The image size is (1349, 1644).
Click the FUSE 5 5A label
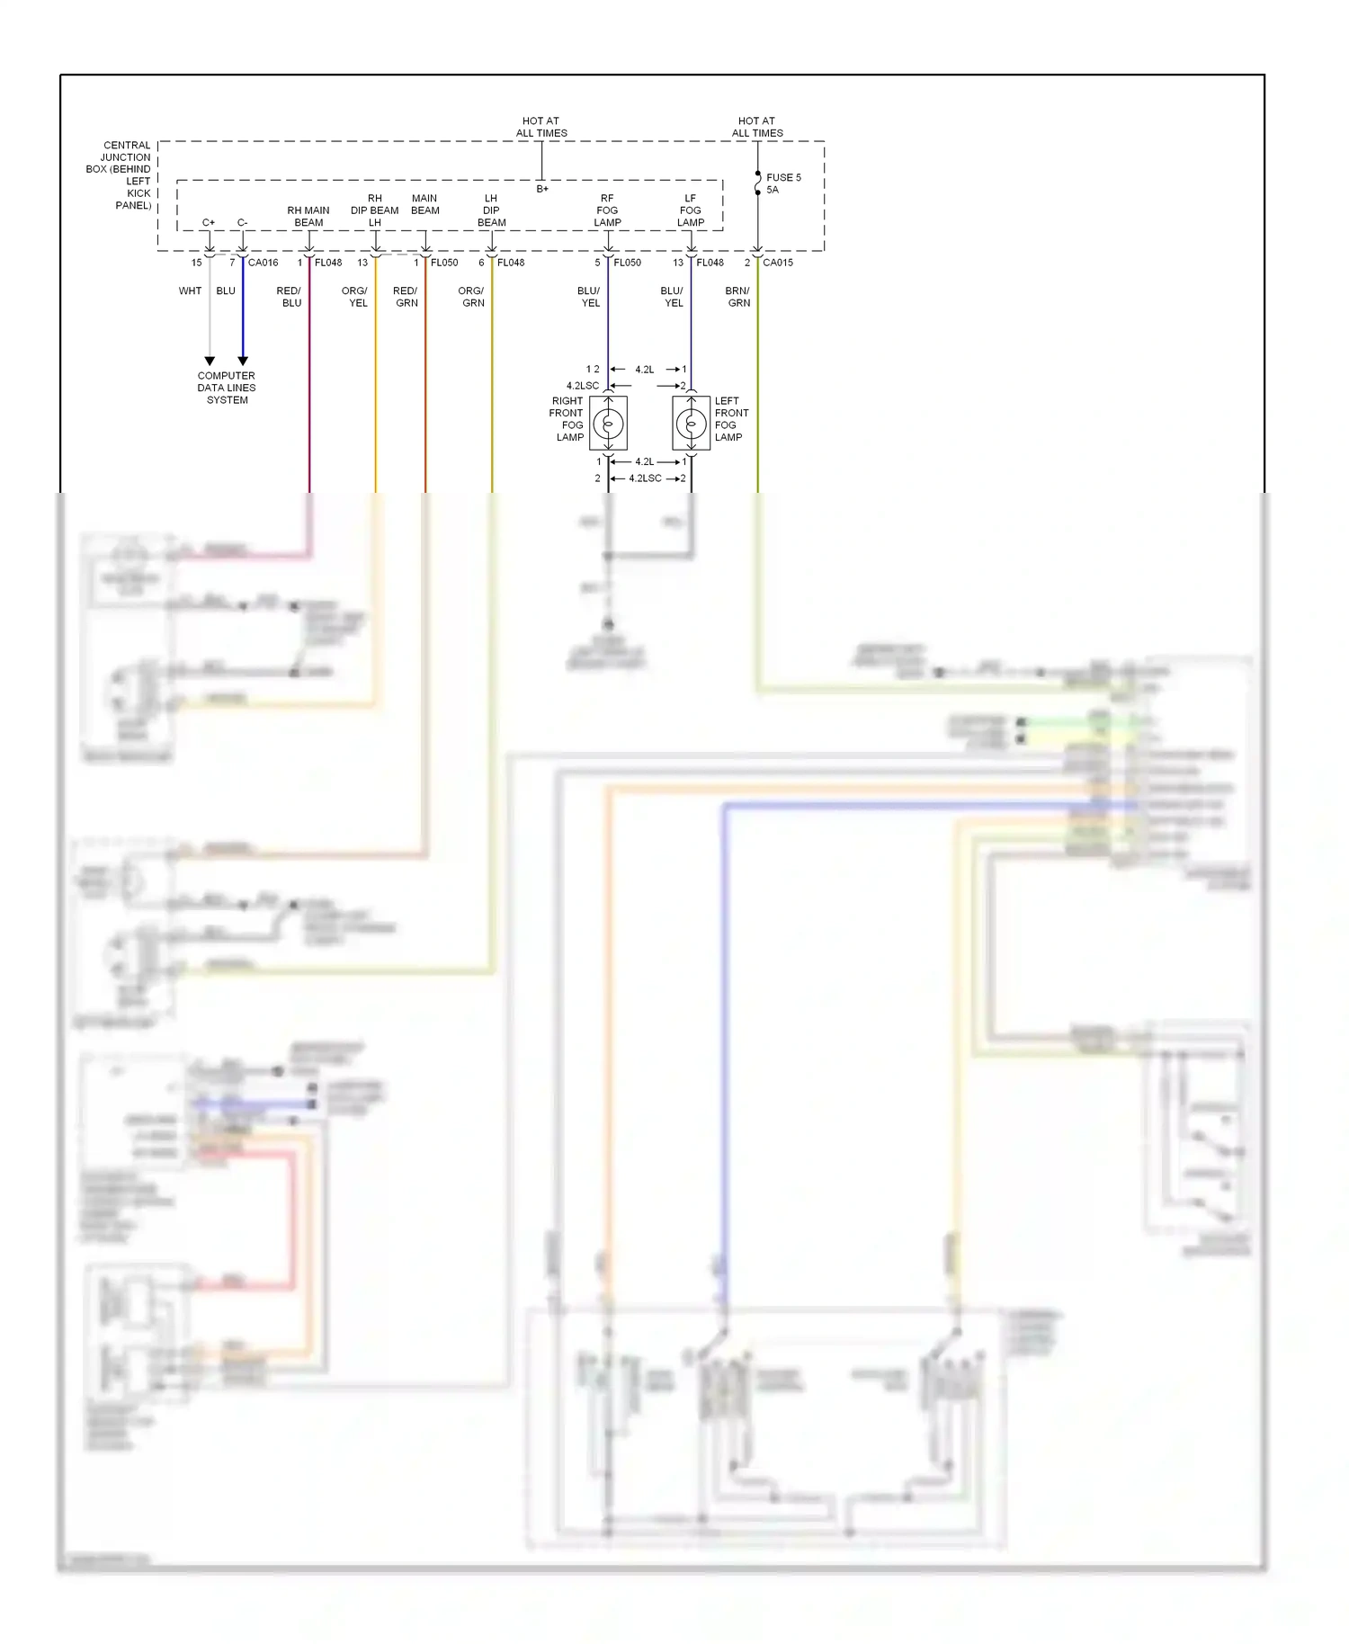click(782, 183)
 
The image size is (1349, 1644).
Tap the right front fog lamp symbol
click(608, 423)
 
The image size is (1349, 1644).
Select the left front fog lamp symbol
click(691, 423)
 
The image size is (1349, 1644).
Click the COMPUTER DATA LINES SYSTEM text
click(227, 388)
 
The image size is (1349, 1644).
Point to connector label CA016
click(263, 263)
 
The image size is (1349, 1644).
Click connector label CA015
click(778, 263)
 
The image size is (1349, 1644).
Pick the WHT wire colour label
click(190, 290)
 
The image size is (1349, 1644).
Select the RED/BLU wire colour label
click(290, 297)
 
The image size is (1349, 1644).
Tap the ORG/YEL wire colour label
click(355, 297)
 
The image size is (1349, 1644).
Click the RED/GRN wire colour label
click(406, 297)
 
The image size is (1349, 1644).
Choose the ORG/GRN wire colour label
click(471, 297)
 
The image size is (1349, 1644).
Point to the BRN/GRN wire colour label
click(737, 297)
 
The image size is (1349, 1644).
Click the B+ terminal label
click(542, 189)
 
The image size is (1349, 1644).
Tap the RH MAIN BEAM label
click(308, 217)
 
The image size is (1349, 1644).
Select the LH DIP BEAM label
click(491, 210)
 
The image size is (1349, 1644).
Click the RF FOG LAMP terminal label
click(607, 210)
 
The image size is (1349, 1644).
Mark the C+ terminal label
click(209, 222)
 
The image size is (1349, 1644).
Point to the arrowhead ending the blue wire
click(243, 361)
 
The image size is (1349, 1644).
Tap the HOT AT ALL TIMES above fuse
click(757, 127)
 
